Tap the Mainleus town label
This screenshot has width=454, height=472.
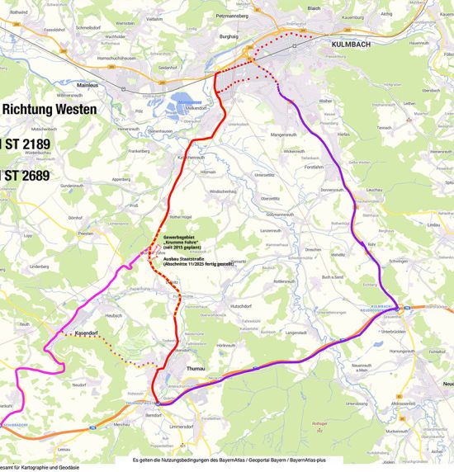pyautogui.click(x=88, y=83)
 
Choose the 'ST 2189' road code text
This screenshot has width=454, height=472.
pyautogui.click(x=26, y=144)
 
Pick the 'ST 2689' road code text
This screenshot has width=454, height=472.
pyautogui.click(x=26, y=175)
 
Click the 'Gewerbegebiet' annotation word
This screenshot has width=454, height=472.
pyautogui.click(x=180, y=236)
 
